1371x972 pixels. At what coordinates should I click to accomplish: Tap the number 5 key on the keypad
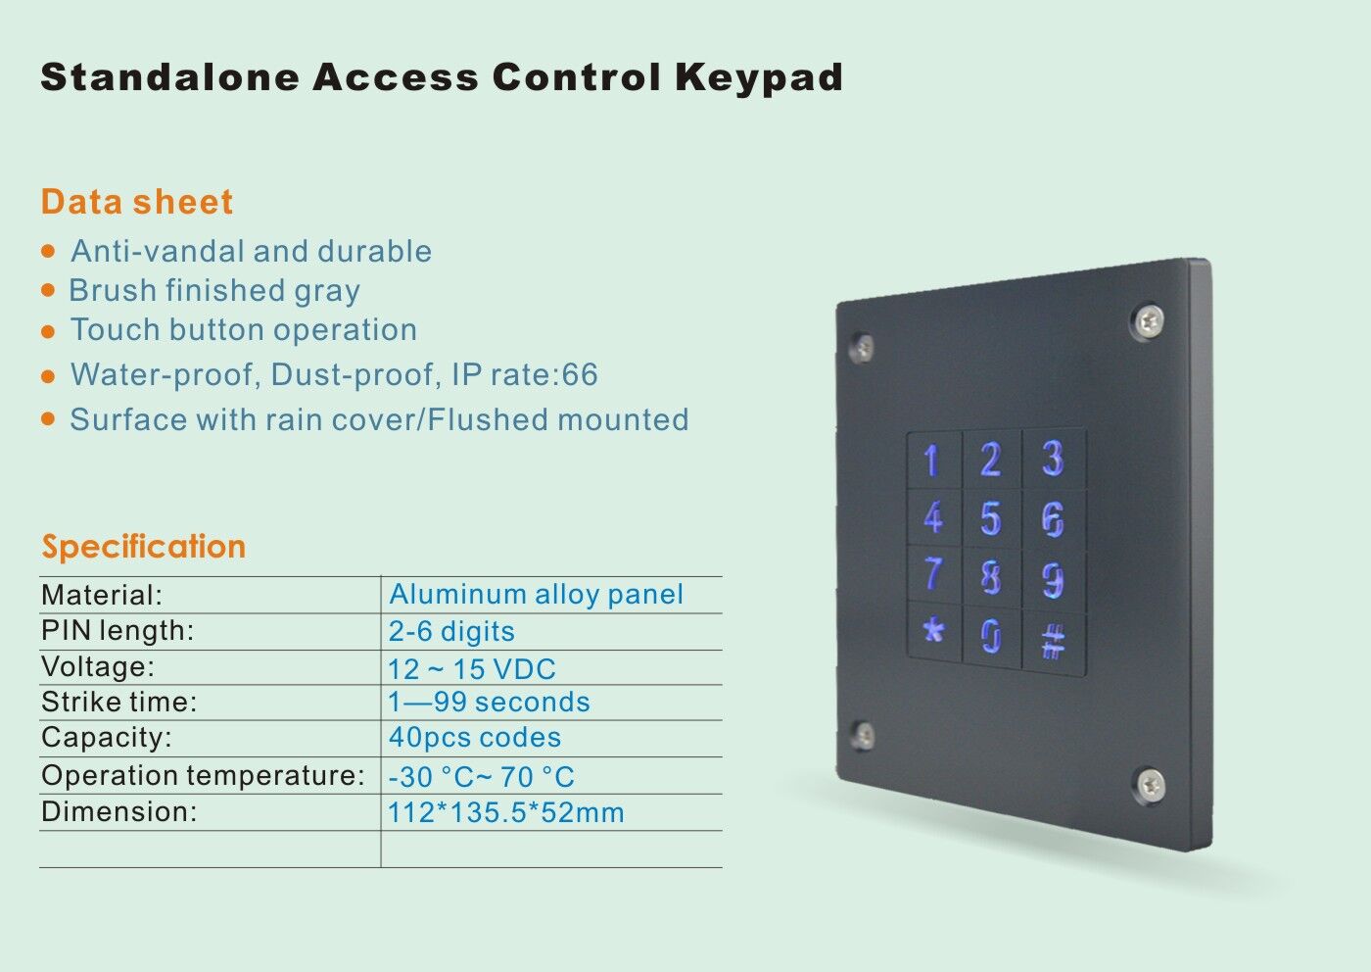pos(991,518)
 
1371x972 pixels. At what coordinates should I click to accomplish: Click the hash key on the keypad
pos(1054,642)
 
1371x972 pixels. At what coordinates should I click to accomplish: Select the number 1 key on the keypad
pos(934,460)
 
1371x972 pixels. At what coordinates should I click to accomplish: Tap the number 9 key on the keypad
pos(1054,579)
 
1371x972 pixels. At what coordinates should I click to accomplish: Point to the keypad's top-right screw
pos(1147,320)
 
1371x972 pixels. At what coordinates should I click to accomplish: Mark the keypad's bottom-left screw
pos(863,735)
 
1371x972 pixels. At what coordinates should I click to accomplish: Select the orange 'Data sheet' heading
pos(137,202)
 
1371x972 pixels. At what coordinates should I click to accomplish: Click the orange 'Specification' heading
pos(143,547)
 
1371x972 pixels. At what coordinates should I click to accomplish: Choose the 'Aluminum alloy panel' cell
pos(537,594)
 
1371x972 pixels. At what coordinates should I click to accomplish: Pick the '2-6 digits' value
pos(451,631)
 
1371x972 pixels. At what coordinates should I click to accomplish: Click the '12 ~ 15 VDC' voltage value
pos(472,669)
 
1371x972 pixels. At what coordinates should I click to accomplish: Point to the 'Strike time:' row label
pos(119,702)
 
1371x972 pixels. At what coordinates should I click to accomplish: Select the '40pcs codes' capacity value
pos(475,738)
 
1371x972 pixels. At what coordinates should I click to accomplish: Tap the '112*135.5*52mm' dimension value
pos(506,812)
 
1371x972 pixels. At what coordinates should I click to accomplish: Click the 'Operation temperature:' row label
pos(204,775)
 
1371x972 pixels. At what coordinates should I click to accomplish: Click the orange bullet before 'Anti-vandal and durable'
pos(48,251)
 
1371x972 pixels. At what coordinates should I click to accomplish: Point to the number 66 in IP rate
pos(580,374)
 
